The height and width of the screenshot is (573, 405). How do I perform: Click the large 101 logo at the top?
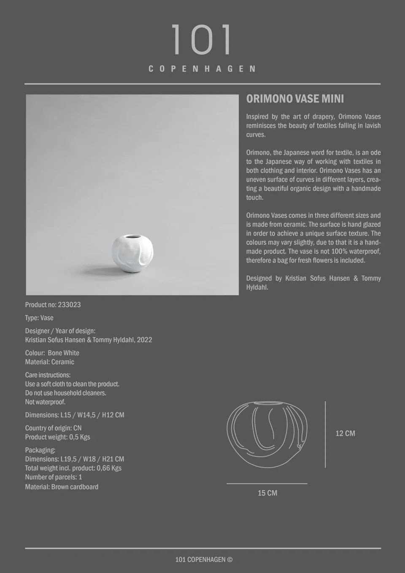pos(202,40)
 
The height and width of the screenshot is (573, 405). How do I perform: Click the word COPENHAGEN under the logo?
pos(202,69)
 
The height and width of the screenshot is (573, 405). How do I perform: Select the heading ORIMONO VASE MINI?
pos(295,99)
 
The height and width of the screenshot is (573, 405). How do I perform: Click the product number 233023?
pos(69,305)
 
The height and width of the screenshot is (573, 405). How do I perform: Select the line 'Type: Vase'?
pos(39,318)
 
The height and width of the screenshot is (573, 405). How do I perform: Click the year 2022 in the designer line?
pos(144,340)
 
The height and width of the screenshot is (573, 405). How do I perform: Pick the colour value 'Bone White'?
pos(63,353)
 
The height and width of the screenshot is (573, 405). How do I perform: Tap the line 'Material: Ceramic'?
pos(49,362)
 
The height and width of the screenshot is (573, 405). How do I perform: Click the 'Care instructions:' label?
pos(48,375)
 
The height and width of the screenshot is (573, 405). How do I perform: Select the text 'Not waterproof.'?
pos(45,402)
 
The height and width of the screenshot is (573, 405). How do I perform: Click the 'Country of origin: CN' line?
pos(53,428)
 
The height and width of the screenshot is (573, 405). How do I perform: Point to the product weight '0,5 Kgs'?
pos(79,437)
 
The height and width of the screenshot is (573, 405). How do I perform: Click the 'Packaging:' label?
pos(40,450)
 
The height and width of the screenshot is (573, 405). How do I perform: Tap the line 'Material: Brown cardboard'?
pos(62,487)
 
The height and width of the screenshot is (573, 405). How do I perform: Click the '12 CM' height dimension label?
pos(345,433)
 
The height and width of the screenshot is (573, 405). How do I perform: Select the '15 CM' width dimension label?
pos(267,493)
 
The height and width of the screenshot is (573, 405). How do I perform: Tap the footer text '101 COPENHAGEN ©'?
pos(204,559)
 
